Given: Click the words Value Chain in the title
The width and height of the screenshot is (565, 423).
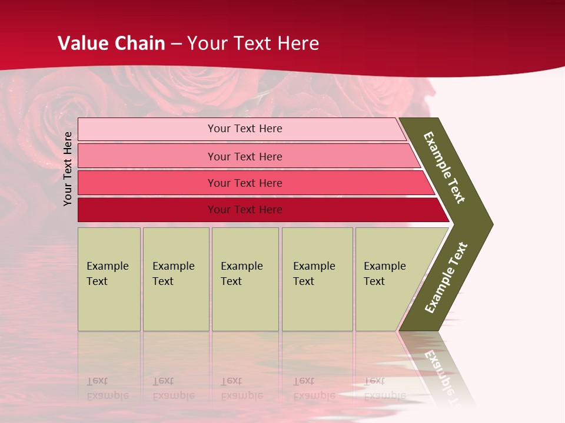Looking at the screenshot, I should [111, 43].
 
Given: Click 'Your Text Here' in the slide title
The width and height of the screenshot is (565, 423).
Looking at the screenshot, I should [253, 43].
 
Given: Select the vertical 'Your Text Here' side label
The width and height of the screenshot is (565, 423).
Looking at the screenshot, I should [68, 169].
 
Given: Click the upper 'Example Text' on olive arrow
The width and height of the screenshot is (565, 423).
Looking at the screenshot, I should [444, 167].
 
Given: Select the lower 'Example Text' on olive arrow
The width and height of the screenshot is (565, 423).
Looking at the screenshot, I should [446, 278].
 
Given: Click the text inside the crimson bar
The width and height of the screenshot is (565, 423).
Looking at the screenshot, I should [245, 210].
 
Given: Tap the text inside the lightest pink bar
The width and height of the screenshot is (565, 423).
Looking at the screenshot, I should [245, 129].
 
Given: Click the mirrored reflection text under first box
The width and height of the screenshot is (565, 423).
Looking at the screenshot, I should [107, 388].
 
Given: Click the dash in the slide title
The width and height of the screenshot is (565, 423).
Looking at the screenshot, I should [176, 43].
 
